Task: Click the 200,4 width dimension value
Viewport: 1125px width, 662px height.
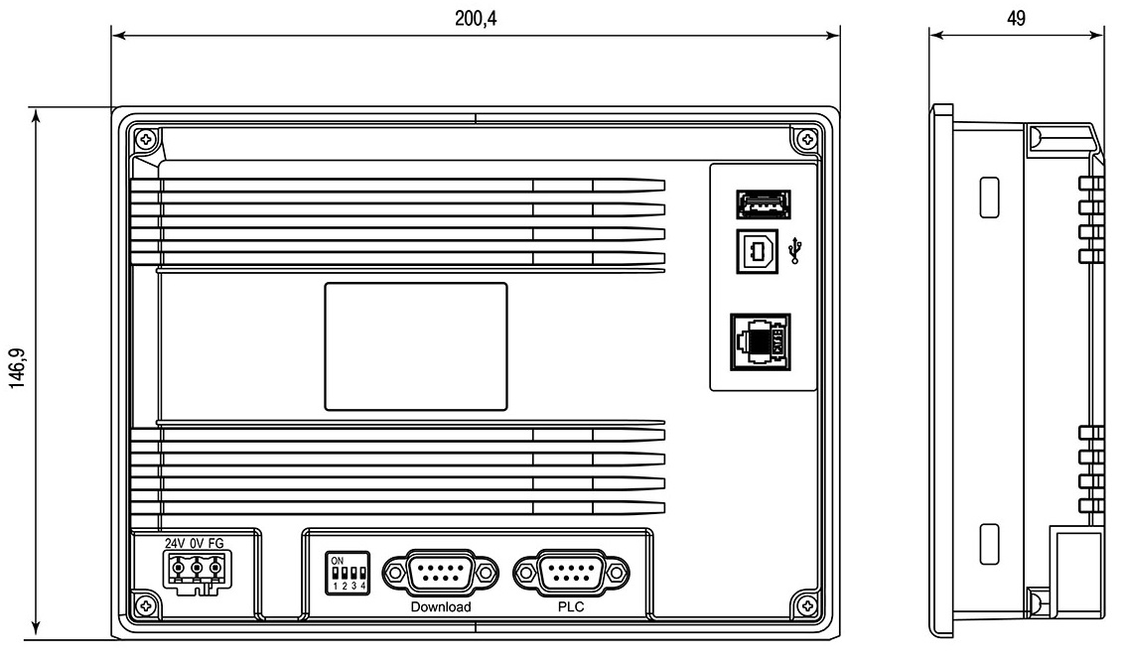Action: click(x=476, y=18)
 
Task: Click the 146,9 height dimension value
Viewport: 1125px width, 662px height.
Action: click(x=17, y=368)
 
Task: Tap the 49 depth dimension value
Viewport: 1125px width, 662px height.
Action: click(x=1016, y=18)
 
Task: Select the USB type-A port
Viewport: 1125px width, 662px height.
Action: click(x=764, y=204)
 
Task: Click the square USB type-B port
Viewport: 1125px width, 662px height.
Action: click(x=757, y=251)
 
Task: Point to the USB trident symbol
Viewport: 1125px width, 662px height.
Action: click(x=795, y=250)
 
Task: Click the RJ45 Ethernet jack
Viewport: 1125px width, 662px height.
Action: click(x=761, y=342)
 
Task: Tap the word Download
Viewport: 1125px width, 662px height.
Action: click(x=441, y=606)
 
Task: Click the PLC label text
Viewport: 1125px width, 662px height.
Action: click(x=571, y=606)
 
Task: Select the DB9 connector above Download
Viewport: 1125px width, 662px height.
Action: click(x=441, y=573)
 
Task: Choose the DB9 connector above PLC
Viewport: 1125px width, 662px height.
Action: click(x=571, y=573)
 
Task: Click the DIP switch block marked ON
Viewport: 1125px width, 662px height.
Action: click(x=348, y=573)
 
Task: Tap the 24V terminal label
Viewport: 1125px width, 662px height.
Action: click(x=175, y=543)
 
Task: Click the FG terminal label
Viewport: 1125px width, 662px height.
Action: click(x=215, y=543)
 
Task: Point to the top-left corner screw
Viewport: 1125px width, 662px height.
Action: click(x=146, y=139)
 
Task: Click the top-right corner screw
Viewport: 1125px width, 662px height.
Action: click(x=806, y=139)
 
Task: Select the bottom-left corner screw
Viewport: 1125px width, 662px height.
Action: click(x=146, y=606)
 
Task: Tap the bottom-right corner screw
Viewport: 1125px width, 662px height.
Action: click(x=806, y=606)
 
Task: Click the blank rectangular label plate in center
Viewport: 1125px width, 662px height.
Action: click(x=416, y=346)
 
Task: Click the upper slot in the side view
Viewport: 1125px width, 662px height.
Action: click(x=989, y=198)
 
